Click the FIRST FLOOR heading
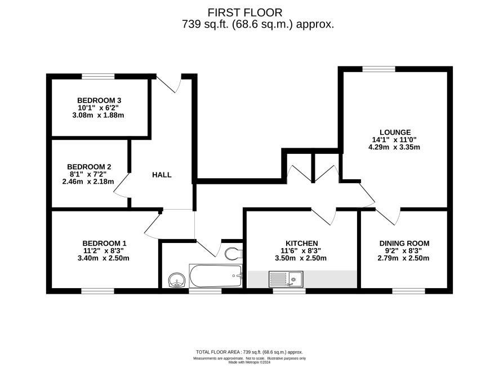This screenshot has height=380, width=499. coord(245,12)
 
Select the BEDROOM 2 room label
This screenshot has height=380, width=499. coord(89,167)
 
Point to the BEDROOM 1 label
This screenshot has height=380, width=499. coord(104,244)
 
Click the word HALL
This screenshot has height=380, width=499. coord(162,175)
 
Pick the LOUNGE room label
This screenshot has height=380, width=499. coord(395,132)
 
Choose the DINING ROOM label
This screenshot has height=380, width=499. coord(404,244)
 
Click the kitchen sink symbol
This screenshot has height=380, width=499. coord(286,279)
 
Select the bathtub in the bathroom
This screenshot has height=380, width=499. coord(216,276)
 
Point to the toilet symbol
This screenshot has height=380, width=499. coord(234,254)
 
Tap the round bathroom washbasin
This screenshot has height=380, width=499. coord(177,280)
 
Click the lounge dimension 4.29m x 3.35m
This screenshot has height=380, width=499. coord(394,147)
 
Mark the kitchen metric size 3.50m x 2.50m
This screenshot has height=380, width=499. coord(301,258)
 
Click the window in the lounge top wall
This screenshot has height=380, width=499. coord(378,69)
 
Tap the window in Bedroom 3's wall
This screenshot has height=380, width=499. coord(98,76)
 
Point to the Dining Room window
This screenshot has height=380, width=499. coord(408,291)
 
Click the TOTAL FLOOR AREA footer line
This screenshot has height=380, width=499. coord(249,352)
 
